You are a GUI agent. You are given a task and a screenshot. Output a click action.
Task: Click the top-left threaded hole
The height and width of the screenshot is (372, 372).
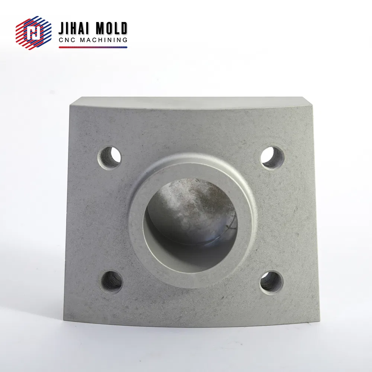[x=109, y=157]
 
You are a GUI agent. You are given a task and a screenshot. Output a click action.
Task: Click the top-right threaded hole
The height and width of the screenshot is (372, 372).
[x=273, y=157]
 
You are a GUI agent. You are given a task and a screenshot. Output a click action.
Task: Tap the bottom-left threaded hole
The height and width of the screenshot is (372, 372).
[x=112, y=282]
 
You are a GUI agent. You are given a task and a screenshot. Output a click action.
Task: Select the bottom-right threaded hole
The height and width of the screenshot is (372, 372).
[x=272, y=282]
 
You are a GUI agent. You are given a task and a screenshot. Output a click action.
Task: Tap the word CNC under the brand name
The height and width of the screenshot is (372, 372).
[x=67, y=40]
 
